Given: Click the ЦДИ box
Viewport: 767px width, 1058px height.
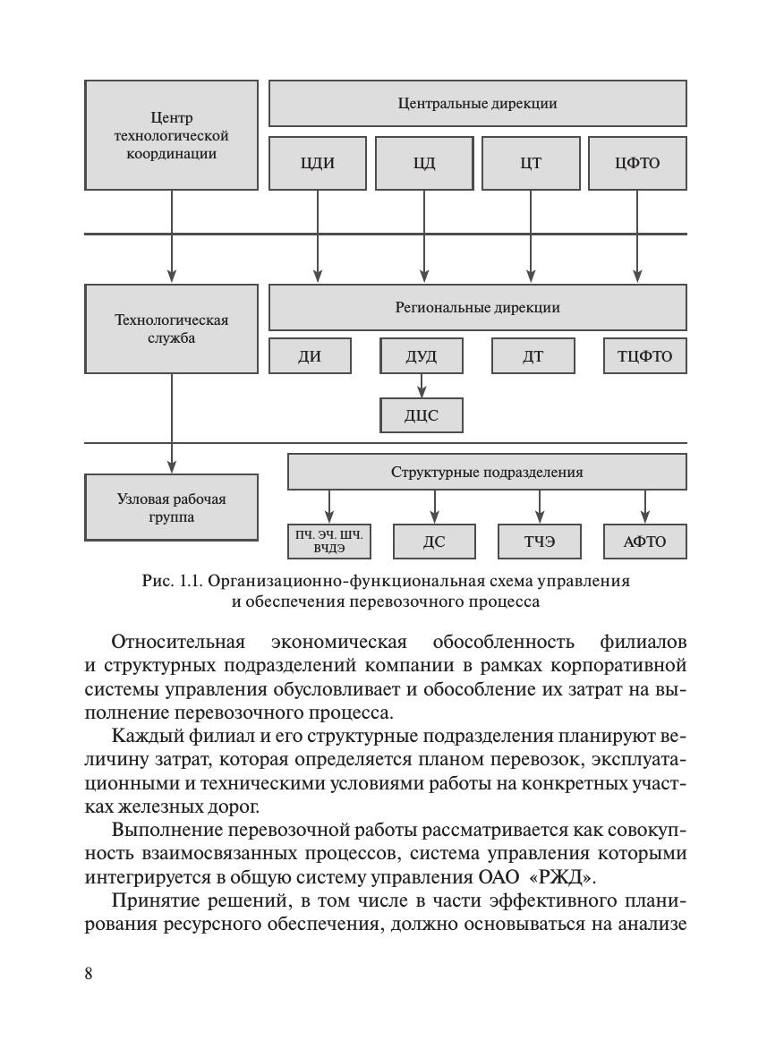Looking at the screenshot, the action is (318, 163).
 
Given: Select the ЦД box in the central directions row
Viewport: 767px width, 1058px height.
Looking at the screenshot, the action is (424, 163).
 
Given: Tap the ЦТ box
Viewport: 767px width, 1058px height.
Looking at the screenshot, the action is (531, 163).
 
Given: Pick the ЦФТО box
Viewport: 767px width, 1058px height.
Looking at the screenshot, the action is (637, 163).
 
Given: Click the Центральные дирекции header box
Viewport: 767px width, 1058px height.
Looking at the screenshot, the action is (478, 103).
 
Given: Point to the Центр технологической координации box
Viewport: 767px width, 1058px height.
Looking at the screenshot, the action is (171, 135).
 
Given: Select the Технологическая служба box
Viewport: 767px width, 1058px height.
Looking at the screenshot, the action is (171, 329).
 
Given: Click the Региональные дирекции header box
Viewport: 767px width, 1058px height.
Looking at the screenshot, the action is (478, 308).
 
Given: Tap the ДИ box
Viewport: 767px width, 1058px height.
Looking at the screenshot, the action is (311, 356).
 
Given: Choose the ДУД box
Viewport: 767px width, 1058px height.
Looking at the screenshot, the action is (422, 356).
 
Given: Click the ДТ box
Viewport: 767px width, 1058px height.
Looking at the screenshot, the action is (533, 356).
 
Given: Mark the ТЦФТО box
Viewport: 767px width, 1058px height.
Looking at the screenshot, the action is (645, 356).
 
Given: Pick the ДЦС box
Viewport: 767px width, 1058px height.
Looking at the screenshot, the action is (422, 415).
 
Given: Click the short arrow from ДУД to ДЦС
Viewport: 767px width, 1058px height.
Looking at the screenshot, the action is (422, 385).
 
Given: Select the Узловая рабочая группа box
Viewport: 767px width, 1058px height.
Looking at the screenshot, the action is (171, 508).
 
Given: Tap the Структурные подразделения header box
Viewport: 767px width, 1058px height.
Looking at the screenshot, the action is (487, 472).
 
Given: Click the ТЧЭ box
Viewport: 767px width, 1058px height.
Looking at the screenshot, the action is (540, 542).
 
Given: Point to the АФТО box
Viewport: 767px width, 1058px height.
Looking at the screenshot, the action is (645, 542).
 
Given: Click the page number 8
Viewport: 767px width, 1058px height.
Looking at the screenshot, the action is (89, 974).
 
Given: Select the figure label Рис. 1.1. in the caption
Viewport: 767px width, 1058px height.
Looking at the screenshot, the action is (173, 581).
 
